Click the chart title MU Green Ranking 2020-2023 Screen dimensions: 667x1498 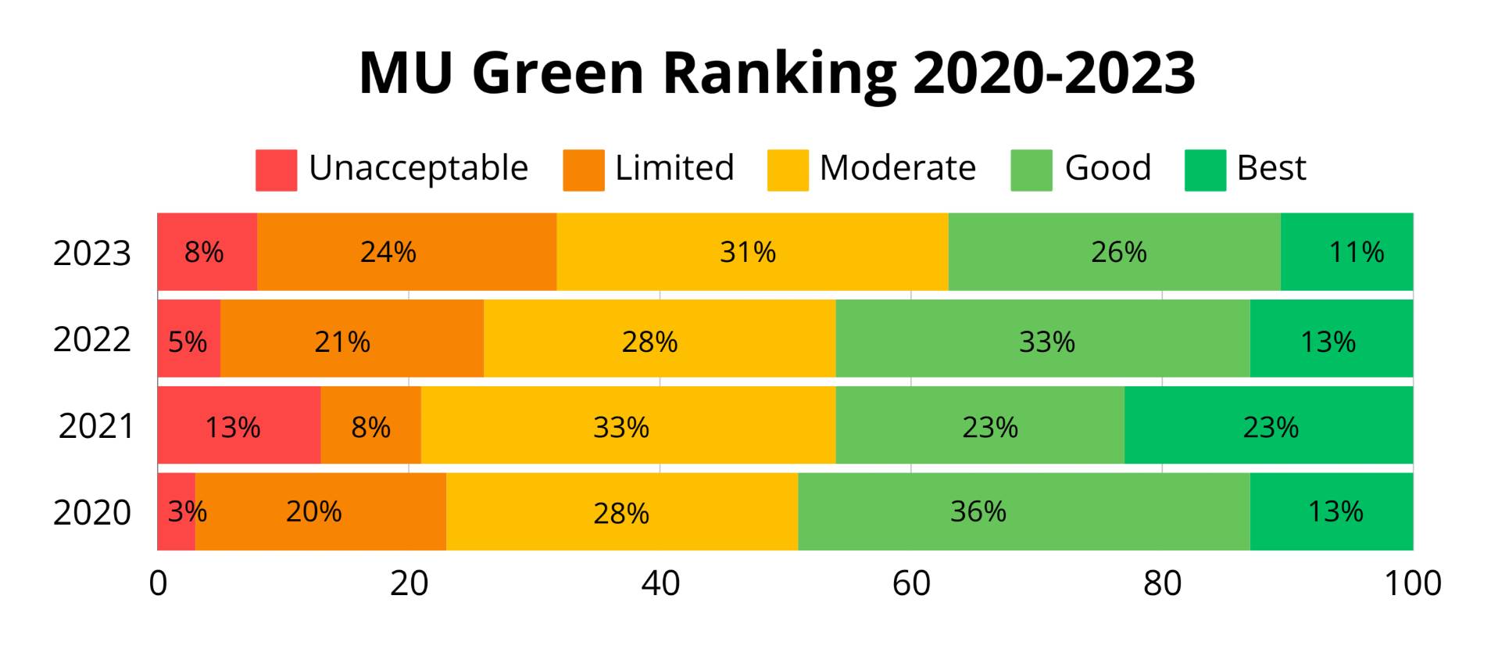tap(776, 73)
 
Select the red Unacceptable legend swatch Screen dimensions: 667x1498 tap(276, 170)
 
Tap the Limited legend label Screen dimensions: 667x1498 tap(674, 168)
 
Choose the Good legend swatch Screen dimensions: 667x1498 tap(1031, 170)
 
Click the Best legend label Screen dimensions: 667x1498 tap(1271, 168)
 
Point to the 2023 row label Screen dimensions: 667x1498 tap(92, 253)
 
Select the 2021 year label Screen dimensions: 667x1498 tap(95, 427)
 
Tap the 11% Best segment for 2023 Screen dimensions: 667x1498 tap(1346, 252)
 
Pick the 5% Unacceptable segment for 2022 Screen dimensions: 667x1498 tap(188, 341)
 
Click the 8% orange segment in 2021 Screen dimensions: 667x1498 tap(370, 427)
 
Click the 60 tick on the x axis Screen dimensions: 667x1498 tap(911, 584)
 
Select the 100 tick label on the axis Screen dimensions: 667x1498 tap(1412, 584)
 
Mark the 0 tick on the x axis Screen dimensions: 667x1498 tap(158, 584)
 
